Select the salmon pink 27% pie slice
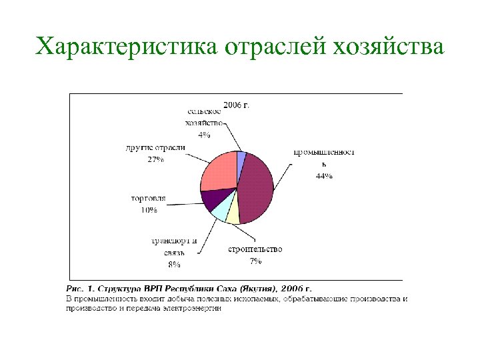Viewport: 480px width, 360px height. click(219, 172)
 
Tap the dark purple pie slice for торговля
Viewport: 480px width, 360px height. click(212, 199)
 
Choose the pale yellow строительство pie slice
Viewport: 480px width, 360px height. click(233, 214)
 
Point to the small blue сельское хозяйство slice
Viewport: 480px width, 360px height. click(242, 157)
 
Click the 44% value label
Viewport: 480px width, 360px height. click(324, 177)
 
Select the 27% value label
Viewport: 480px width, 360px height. click(156, 160)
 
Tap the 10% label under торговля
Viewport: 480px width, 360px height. click(148, 211)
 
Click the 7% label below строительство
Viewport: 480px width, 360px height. click(255, 261)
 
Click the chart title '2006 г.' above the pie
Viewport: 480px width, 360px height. click(236, 105)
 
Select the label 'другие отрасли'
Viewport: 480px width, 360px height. click(155, 149)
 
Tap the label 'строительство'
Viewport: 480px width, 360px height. click(255, 250)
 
